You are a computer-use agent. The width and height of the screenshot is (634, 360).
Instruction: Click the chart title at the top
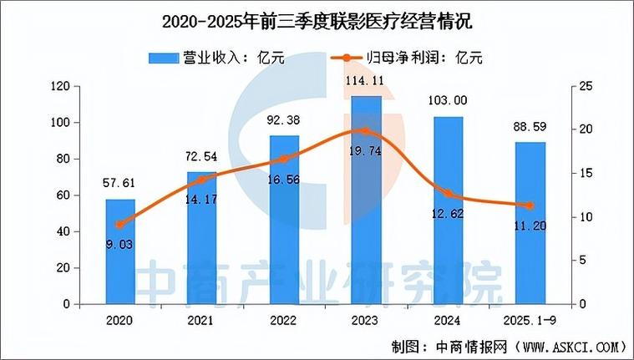pos(317,19)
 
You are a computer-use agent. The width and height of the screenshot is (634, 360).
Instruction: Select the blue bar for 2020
pos(121,251)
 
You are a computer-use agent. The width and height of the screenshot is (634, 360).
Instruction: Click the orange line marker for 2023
pos(365,131)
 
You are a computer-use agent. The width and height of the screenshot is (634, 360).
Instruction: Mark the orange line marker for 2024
pos(448,194)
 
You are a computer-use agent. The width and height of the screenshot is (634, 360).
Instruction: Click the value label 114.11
pos(365,81)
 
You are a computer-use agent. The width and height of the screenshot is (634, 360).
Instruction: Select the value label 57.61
pos(121,184)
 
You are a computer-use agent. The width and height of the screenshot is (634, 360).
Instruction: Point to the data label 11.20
pos(530,224)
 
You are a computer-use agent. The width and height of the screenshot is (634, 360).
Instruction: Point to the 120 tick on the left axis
pos(58,86)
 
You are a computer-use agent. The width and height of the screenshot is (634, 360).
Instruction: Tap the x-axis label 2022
pos(283,320)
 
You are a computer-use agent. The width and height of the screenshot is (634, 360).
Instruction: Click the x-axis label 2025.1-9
pos(530,320)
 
